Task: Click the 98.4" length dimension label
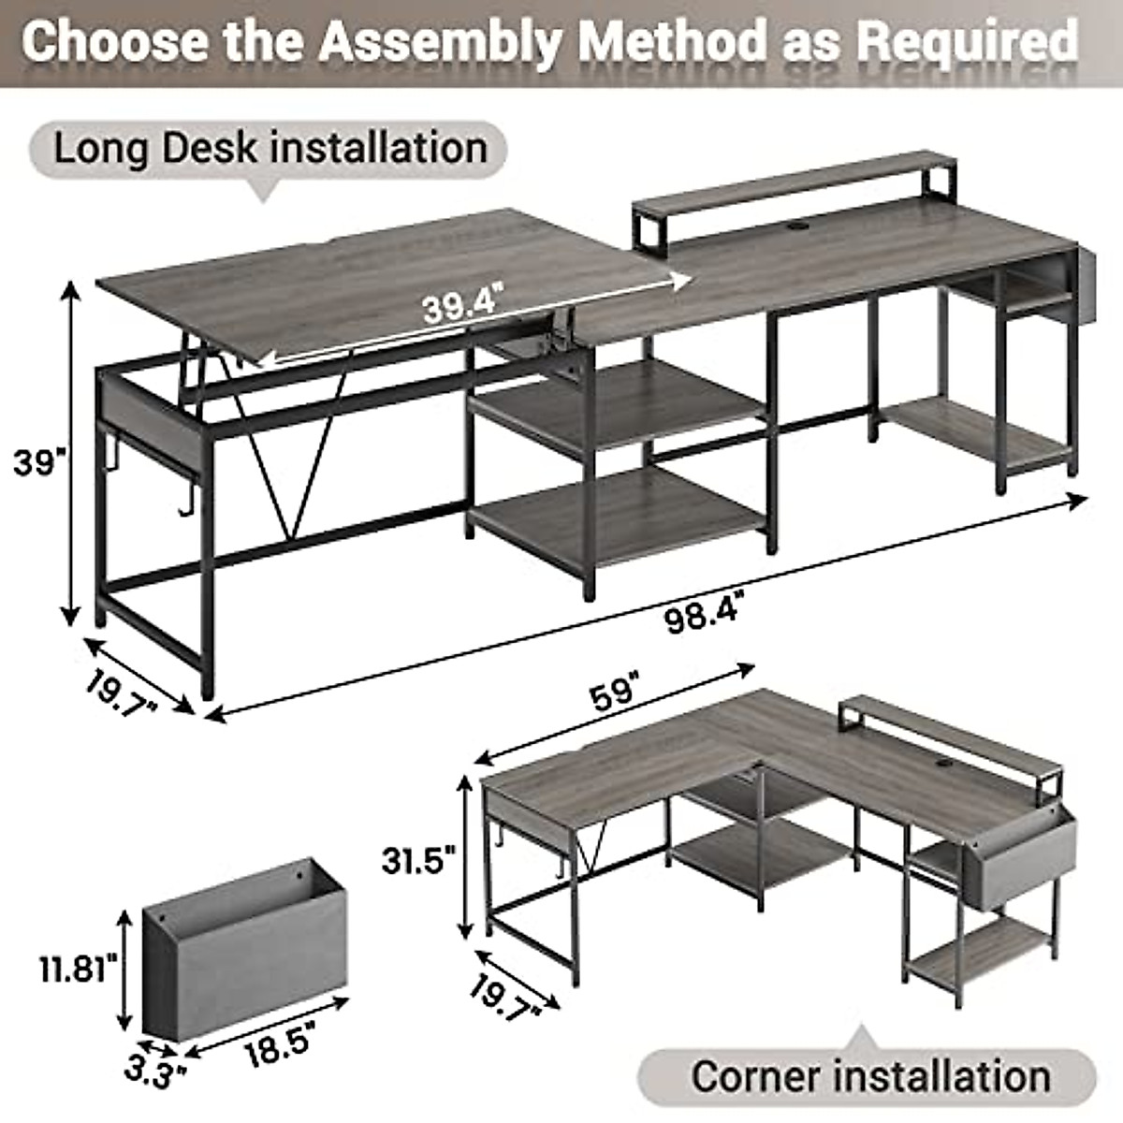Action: tap(708, 619)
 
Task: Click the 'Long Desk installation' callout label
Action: tap(270, 149)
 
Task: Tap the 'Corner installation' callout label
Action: tap(870, 1075)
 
